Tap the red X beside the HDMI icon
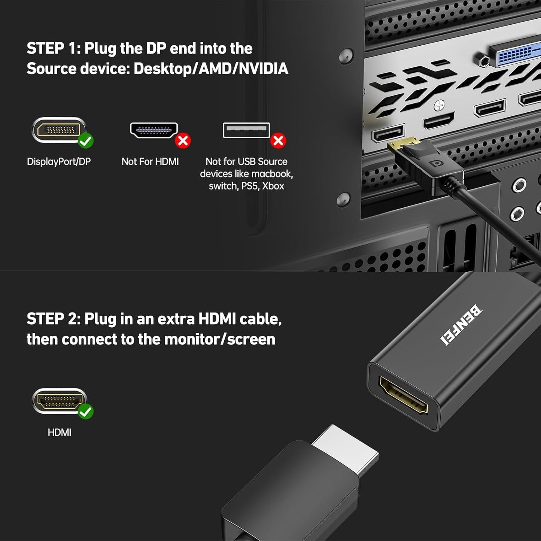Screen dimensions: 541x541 point(183,141)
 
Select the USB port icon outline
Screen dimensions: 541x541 point(246,130)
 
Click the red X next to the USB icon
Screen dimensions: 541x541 point(278,141)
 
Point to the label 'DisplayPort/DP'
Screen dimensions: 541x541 point(59,162)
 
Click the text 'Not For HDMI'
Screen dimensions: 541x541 point(150,162)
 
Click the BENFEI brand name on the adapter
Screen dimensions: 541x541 point(461,324)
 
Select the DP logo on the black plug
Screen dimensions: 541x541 point(435,164)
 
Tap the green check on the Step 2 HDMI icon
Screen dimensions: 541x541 point(86,411)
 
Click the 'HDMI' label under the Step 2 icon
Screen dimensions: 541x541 point(59,432)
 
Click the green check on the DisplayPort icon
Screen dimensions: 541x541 point(86,141)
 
